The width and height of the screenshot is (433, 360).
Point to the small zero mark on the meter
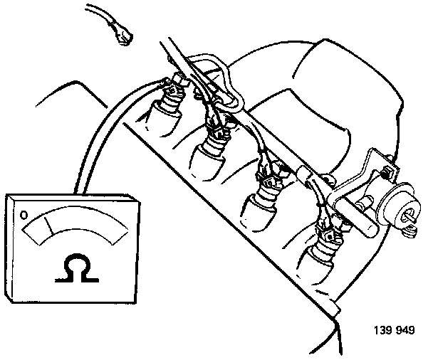click(24, 214)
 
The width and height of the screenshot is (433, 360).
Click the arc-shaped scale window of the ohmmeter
click(75, 227)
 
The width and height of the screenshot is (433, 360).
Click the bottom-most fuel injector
click(324, 249)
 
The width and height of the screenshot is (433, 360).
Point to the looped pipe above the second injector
click(214, 78)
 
